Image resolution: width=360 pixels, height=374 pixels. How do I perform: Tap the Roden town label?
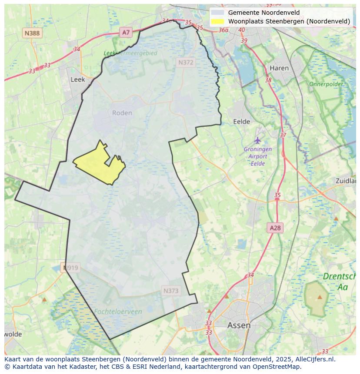coord(122,113)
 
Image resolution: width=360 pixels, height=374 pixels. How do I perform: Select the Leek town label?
coord(77,79)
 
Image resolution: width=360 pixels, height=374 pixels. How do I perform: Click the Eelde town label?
coord(242,122)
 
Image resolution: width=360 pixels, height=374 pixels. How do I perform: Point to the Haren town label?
coord(279,68)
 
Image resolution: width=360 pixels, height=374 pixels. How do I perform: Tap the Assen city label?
coord(239,325)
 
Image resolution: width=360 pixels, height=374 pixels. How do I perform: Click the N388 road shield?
coord(32,33)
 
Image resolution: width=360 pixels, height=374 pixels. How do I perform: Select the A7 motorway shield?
coord(126,32)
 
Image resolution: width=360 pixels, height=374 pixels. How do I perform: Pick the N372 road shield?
coord(186,63)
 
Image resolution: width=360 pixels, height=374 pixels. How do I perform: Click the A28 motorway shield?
coord(275,228)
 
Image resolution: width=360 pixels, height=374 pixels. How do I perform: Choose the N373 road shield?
coord(171,291)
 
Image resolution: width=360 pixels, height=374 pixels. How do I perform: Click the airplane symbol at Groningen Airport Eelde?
coord(258,140)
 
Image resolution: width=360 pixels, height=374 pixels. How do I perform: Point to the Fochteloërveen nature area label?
coord(118,311)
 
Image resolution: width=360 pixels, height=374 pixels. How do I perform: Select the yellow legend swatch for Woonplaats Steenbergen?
coord(217,21)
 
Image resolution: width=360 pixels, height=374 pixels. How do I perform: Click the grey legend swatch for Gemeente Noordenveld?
coord(217,13)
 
